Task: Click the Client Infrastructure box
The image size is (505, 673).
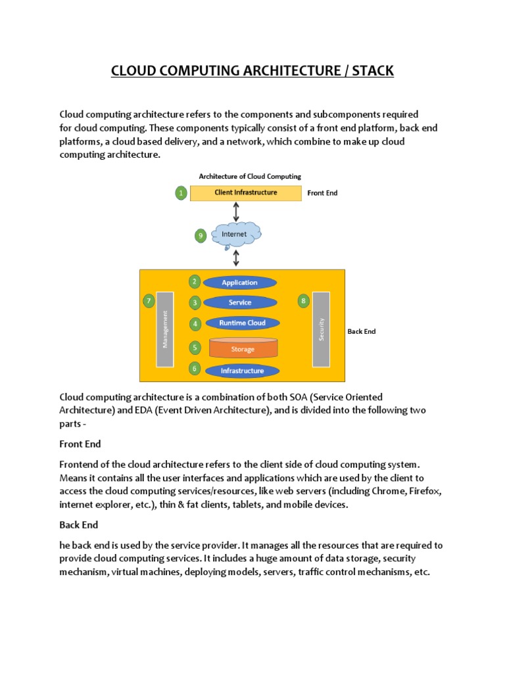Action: [x=245, y=193]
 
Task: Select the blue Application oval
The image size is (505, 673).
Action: [x=239, y=283]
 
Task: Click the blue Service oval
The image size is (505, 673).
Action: [x=239, y=302]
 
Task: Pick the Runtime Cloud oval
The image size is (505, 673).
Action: [x=242, y=323]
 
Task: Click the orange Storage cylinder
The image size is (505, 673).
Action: [x=242, y=348]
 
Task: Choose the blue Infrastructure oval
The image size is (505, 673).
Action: [x=242, y=371]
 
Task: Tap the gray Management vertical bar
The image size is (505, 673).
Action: [x=165, y=329]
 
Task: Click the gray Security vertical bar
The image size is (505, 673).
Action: [x=321, y=329]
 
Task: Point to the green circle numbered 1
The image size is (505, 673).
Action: [x=181, y=193]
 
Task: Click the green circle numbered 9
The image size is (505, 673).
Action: [x=201, y=236]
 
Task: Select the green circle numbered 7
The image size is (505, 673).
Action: [x=149, y=301]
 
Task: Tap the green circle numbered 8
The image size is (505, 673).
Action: [x=303, y=301]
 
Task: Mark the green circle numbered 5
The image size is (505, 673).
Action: [x=195, y=347]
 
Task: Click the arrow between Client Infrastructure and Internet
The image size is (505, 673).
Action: [x=236, y=212]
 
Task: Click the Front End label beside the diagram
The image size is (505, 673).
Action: [x=322, y=193]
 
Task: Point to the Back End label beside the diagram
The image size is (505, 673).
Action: [x=361, y=332]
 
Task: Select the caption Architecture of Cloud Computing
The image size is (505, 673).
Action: [x=250, y=176]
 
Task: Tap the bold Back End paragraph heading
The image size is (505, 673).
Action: [x=78, y=525]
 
